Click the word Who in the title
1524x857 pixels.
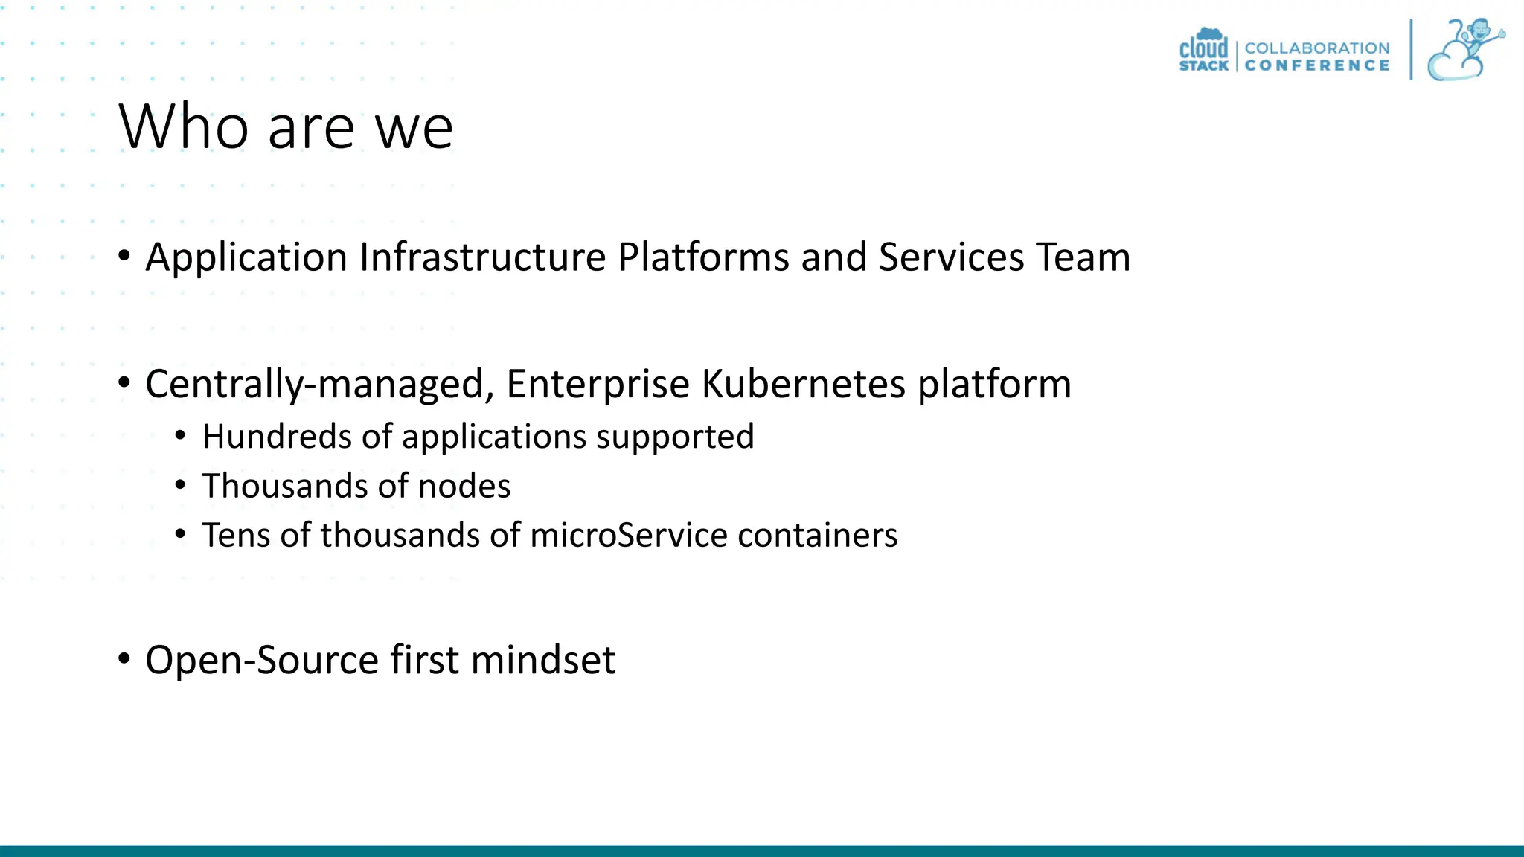[x=183, y=126]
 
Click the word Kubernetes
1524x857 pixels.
[x=803, y=384]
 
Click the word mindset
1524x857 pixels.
[x=542, y=660]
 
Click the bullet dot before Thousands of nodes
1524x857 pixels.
[x=180, y=486]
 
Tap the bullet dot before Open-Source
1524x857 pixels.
[x=124, y=658]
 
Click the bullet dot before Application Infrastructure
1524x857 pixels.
[x=124, y=256]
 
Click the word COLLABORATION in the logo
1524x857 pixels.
[x=1316, y=48]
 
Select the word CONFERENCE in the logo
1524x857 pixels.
[x=1316, y=65]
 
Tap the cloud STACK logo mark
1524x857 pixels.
[x=1203, y=51]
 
